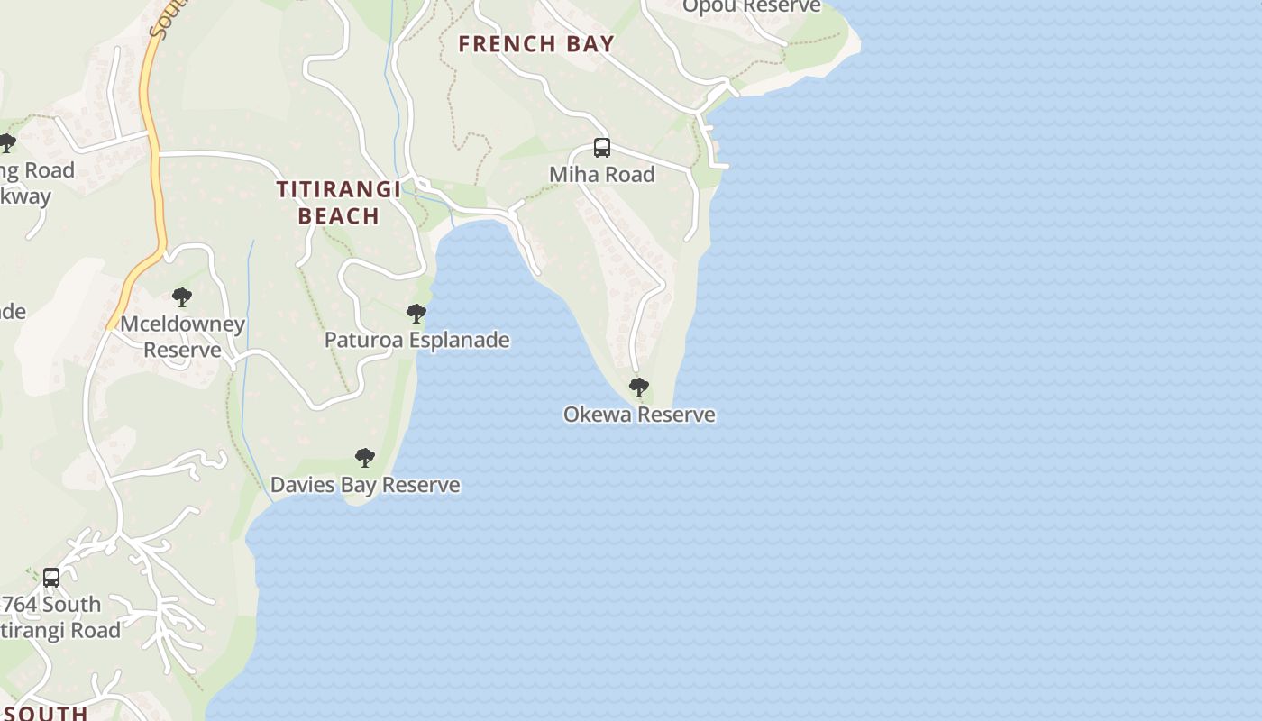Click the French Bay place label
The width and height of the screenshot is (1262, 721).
(536, 43)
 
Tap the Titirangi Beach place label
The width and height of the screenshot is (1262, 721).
(338, 202)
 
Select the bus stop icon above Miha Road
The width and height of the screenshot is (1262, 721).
(602, 148)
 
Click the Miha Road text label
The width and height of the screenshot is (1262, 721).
(602, 174)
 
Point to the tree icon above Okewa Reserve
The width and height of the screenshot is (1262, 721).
(639, 388)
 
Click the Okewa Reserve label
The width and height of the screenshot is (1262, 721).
(639, 415)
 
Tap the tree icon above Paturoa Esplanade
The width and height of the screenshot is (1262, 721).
(416, 314)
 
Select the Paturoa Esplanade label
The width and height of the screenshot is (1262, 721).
(416, 340)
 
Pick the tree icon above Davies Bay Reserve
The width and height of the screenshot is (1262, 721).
(365, 458)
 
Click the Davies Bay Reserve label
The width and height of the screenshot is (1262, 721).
(365, 485)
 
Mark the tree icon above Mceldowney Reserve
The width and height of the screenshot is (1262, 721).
(182, 297)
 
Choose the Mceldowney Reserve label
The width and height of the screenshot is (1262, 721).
(182, 336)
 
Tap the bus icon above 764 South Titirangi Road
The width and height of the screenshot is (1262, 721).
(51, 577)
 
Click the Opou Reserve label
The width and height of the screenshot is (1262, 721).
(751, 7)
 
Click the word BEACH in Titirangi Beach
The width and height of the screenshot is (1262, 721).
(338, 215)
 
